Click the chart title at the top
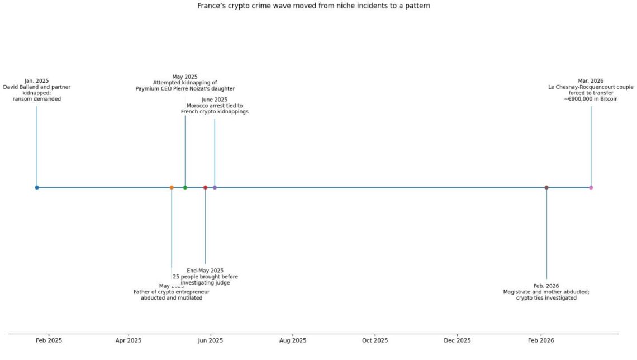tap(313, 6)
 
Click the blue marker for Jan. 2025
tap(37, 187)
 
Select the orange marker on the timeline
tap(172, 187)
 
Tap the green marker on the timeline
tap(185, 187)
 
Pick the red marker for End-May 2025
tap(205, 187)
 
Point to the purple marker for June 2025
tap(215, 187)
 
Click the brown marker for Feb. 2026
tap(546, 187)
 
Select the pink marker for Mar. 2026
tap(591, 187)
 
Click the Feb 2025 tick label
tap(49, 340)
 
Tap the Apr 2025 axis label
tap(129, 340)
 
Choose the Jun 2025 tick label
tap(211, 340)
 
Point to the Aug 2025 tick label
tap(292, 340)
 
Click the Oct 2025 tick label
tap(375, 340)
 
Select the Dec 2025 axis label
tap(457, 340)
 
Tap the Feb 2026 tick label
tap(540, 340)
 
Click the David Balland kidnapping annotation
tap(37, 90)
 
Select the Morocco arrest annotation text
tap(215, 106)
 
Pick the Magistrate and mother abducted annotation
tap(546, 292)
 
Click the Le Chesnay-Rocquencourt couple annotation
tap(591, 90)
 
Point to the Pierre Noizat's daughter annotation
tap(185, 83)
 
